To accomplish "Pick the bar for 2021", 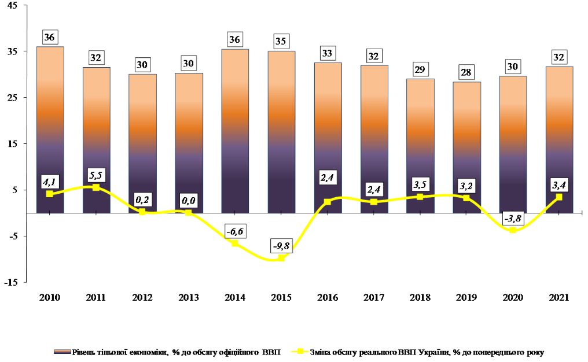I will [559, 139].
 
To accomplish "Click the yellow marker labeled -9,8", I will [281, 258].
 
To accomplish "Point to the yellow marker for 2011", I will [96, 187].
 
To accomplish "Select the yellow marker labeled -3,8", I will [513, 230].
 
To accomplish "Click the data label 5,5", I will [95, 173].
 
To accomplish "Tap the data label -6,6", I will [234, 231].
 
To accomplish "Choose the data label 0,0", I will [188, 200].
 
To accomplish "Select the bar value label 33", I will [328, 53].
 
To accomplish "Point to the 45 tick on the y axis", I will [12, 5].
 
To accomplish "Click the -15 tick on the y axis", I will [11, 282].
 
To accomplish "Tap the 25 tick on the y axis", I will [12, 98].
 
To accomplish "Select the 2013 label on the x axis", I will [188, 297].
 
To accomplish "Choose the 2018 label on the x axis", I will [420, 297].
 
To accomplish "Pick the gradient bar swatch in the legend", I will [61, 351].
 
